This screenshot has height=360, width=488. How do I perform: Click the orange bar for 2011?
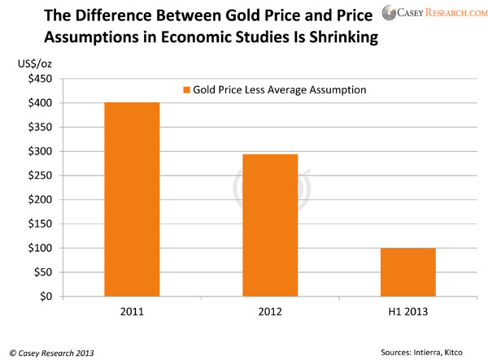click(x=132, y=199)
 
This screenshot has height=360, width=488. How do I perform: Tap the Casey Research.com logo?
click(x=429, y=13)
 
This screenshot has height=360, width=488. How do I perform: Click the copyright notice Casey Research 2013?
click(x=51, y=349)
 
